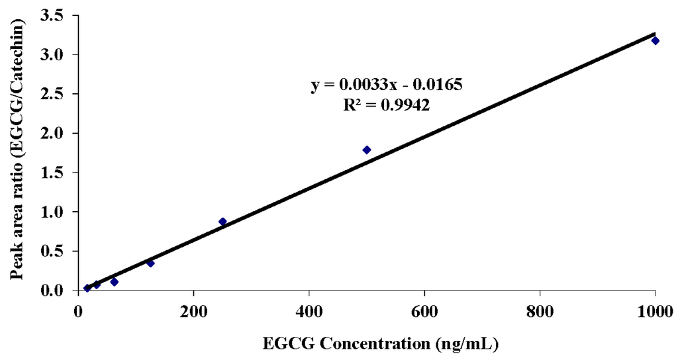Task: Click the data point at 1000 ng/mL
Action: (655, 40)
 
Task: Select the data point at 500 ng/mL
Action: (367, 150)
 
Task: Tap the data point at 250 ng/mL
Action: (222, 222)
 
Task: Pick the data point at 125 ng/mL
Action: (150, 263)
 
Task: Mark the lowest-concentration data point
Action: (87, 288)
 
